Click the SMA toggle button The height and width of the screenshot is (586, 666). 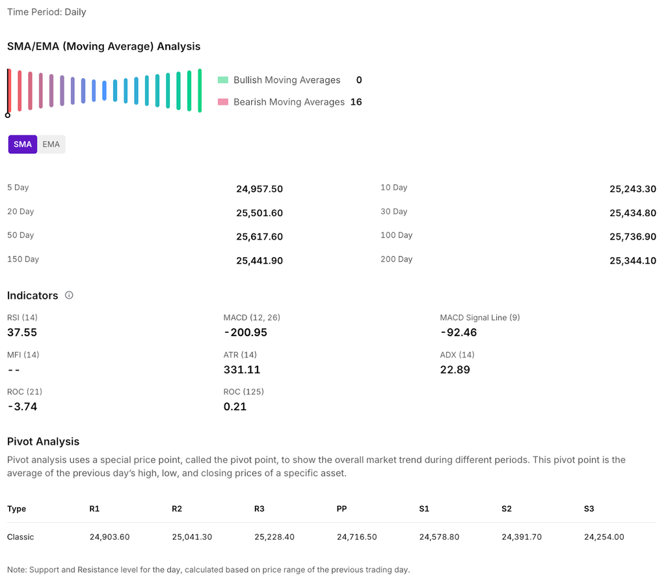coord(23,144)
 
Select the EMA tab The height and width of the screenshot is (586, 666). coord(51,144)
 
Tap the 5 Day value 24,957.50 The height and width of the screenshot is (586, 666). coord(260,189)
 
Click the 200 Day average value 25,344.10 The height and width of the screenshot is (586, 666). coord(633,260)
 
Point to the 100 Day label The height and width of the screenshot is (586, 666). coord(396,235)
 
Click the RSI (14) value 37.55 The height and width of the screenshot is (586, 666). coord(22,332)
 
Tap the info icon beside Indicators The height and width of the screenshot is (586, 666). coord(69,295)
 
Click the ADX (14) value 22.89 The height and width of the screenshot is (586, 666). coord(455,369)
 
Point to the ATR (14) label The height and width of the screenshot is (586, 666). coord(240,355)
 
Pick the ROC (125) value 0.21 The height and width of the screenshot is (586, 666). coord(235,406)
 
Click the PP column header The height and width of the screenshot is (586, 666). coord(342,509)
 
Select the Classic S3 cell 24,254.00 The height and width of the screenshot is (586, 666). coord(604,537)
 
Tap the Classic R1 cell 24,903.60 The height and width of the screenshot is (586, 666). coord(109,537)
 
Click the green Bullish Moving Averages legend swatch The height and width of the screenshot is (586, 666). coord(223,80)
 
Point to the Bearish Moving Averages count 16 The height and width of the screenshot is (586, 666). coord(356,102)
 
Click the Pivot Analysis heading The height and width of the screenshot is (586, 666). coord(43,441)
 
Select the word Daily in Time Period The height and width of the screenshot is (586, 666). coord(75,12)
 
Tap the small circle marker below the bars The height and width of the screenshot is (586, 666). coord(8,115)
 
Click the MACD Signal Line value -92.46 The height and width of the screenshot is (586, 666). coord(458,332)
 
